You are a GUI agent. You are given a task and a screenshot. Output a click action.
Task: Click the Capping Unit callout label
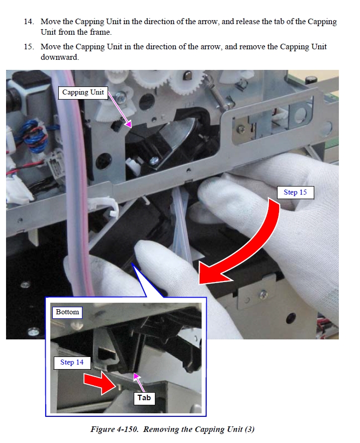click(x=83, y=93)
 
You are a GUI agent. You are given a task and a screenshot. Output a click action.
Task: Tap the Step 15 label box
click(x=295, y=193)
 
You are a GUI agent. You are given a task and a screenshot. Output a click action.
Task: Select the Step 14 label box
click(x=72, y=363)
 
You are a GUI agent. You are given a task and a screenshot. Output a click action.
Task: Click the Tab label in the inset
click(x=144, y=398)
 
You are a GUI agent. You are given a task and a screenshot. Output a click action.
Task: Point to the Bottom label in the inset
click(x=67, y=312)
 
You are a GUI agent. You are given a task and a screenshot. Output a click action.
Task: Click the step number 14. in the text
click(x=29, y=22)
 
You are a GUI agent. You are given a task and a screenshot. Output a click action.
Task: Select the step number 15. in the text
click(x=29, y=47)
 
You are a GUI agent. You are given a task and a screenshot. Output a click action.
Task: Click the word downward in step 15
click(x=60, y=57)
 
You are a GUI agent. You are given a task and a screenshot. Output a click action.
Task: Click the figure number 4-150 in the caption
click(x=127, y=429)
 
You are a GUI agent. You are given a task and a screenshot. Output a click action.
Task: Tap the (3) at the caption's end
click(x=249, y=429)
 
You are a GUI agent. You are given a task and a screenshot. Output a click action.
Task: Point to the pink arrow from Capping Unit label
click(x=120, y=110)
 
